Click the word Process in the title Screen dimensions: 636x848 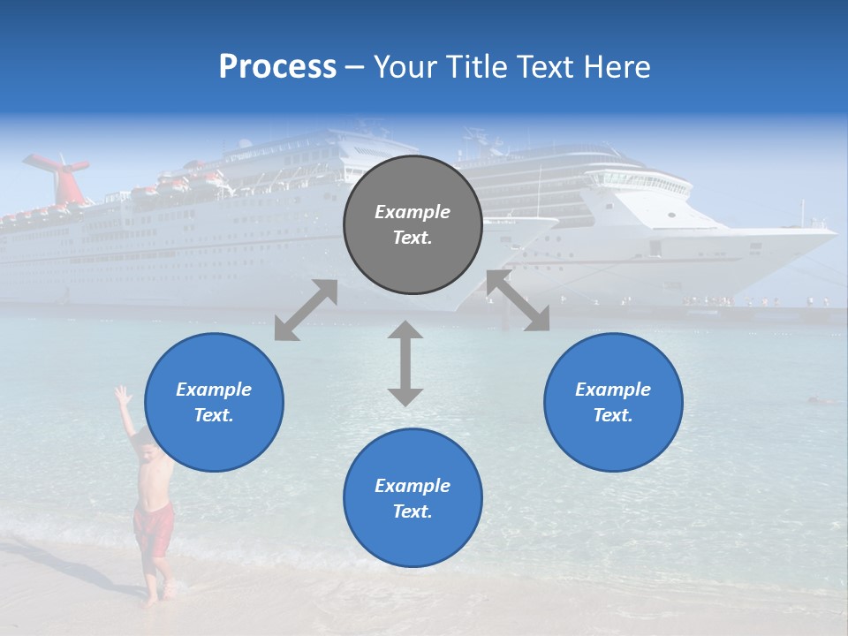click(x=277, y=67)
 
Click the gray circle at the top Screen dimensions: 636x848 click(x=413, y=225)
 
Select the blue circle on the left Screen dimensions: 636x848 click(x=214, y=402)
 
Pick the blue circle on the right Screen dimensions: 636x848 click(x=613, y=402)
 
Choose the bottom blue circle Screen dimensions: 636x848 click(x=413, y=498)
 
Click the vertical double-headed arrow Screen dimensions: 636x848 click(x=405, y=363)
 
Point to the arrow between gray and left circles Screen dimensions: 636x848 click(x=306, y=309)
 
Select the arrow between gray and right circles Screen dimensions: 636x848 click(x=518, y=301)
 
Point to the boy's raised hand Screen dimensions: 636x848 click(x=122, y=395)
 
